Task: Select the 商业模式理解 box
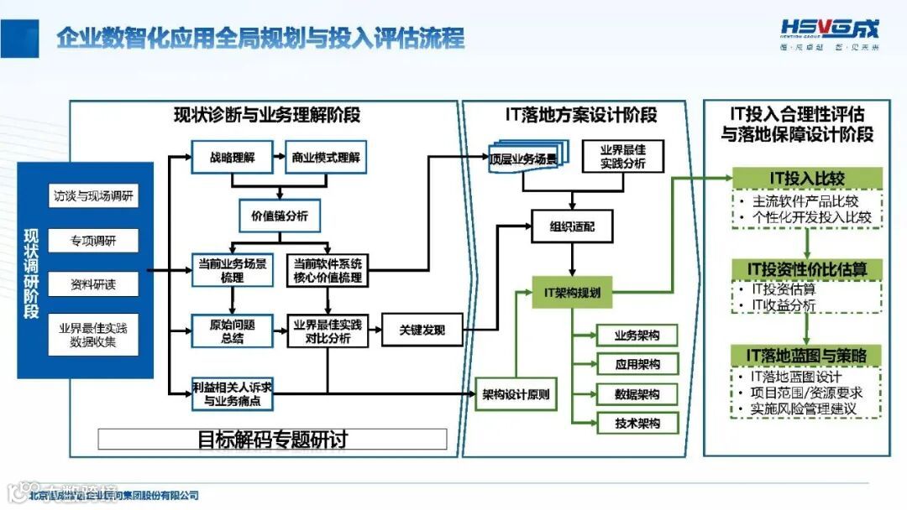[x=325, y=157]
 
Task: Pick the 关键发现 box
[x=422, y=330]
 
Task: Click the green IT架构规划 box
[x=572, y=294]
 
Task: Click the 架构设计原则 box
[x=516, y=394]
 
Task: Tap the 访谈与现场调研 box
[x=92, y=197]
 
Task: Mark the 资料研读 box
[x=92, y=285]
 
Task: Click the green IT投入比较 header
[x=807, y=178]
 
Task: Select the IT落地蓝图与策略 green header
[x=807, y=356]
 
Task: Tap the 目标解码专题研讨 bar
[x=272, y=439]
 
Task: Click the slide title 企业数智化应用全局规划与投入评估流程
[x=260, y=38]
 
